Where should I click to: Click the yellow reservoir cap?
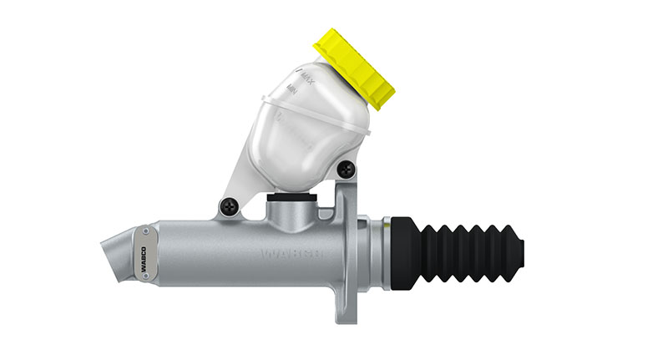pyautogui.click(x=353, y=68)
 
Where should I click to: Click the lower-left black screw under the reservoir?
pyautogui.click(x=226, y=205)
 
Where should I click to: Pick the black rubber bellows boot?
pyautogui.click(x=468, y=250)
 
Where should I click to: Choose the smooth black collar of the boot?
pyautogui.click(x=405, y=250)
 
